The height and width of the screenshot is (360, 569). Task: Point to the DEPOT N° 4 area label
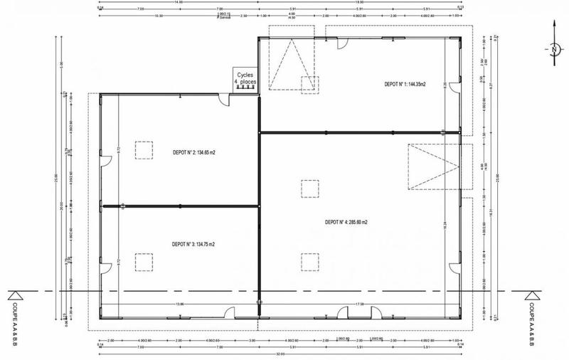coord(347,222)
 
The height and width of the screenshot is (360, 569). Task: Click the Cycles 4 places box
coord(245,79)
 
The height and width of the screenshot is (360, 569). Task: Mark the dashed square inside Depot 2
coord(144,151)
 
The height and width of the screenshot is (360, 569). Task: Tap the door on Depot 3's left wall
coord(105,271)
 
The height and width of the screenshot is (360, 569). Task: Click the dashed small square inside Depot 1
coord(310,85)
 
